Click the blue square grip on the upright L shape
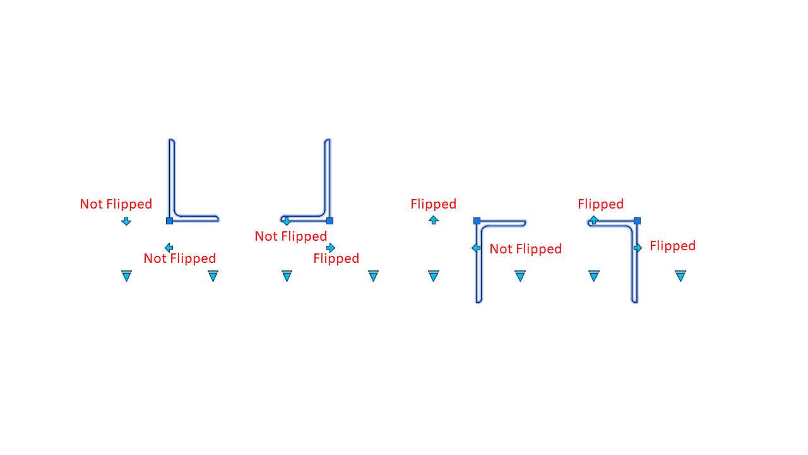[x=169, y=221]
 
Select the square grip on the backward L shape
[x=330, y=221]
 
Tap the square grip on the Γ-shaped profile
[x=477, y=221]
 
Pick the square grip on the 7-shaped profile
[x=637, y=221]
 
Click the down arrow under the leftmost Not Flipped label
[x=126, y=221]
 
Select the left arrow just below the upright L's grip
[x=169, y=248]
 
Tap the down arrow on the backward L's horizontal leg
[x=287, y=221]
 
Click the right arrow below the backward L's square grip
[x=330, y=248]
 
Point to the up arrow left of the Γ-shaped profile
[x=434, y=220]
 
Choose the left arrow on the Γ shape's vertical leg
[x=476, y=248]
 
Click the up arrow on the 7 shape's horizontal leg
[x=593, y=220]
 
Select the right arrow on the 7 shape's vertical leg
[x=638, y=248]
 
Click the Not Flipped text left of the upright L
[x=116, y=204]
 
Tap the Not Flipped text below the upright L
[x=180, y=258]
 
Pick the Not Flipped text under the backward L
[x=291, y=236]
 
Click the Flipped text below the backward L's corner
[x=336, y=258]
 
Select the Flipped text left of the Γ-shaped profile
[x=434, y=204]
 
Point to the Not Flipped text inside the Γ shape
[x=526, y=249]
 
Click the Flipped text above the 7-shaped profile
[x=600, y=204]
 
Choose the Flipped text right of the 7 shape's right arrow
[x=673, y=246]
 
